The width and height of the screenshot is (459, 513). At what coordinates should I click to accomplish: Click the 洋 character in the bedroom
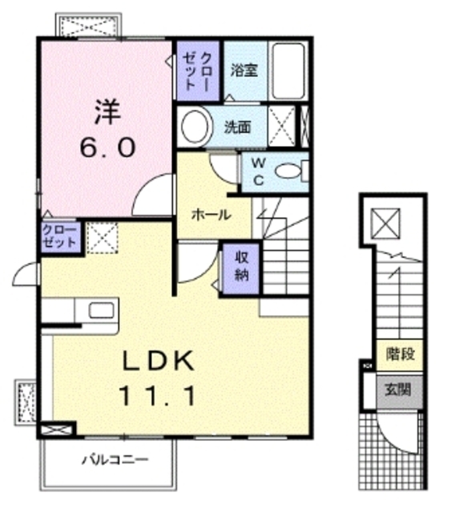[x=107, y=112]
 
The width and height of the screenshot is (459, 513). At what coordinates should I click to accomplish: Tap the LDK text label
[x=158, y=361]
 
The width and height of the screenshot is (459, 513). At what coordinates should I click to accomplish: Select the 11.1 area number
[x=158, y=396]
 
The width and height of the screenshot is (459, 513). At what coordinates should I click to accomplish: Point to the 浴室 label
[x=244, y=70]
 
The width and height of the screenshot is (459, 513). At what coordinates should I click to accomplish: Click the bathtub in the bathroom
[x=288, y=71]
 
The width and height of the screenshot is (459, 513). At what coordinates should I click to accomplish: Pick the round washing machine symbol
[x=195, y=127]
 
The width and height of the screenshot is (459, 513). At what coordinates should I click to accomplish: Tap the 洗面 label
[x=238, y=127]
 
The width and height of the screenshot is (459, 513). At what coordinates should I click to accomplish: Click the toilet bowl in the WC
[x=288, y=171]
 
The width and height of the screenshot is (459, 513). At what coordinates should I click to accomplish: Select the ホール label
[x=211, y=215]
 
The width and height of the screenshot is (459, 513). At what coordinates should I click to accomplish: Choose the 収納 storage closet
[x=242, y=269]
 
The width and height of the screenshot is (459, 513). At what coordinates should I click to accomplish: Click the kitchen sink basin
[x=102, y=310]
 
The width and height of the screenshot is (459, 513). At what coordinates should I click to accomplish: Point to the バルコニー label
[x=115, y=459]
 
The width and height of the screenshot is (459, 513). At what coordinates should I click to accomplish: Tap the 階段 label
[x=401, y=353]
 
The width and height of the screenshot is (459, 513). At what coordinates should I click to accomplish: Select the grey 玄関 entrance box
[x=400, y=391]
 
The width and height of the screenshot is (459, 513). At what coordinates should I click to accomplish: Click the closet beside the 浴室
[x=198, y=71]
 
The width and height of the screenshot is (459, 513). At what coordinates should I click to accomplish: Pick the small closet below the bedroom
[x=60, y=237]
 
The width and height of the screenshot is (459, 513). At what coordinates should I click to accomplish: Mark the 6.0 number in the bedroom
[x=107, y=147]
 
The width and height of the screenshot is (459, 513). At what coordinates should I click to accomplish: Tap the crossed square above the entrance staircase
[x=386, y=224]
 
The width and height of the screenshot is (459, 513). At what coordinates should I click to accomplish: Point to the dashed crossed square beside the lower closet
[x=102, y=237]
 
